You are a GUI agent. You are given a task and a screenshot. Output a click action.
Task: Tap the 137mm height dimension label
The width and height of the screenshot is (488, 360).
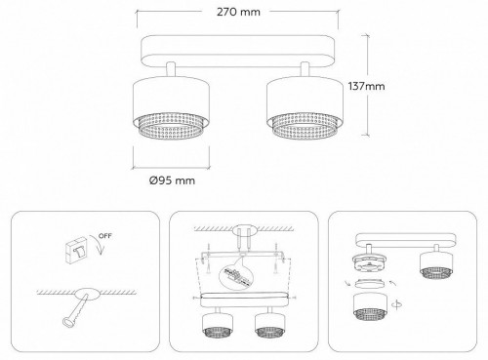pos(366,86)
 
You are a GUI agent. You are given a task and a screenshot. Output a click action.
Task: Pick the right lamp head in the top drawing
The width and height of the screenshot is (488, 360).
pos(303,106)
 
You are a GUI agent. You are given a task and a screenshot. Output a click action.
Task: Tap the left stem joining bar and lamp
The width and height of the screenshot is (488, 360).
pos(172,69)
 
